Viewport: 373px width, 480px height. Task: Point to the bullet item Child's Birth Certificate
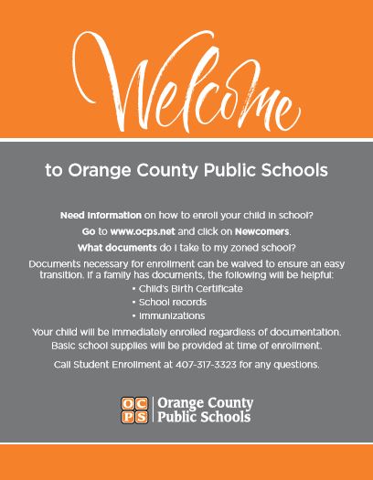tap(191, 288)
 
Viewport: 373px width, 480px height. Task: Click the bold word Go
tap(89, 232)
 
